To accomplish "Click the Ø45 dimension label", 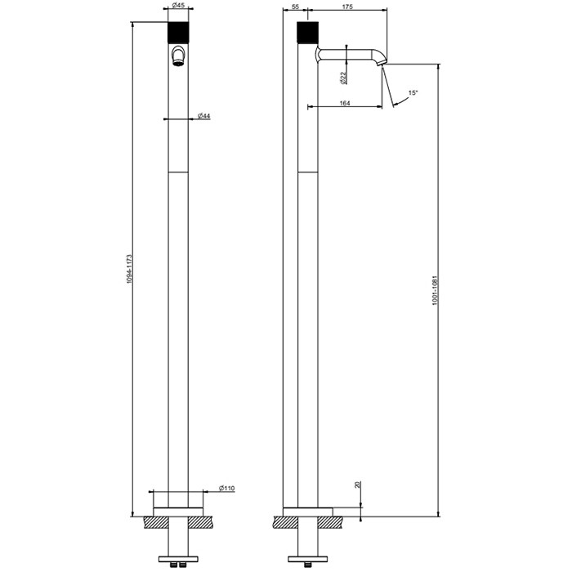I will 178,7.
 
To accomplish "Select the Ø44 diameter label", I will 204,117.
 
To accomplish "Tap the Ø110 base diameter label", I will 226,489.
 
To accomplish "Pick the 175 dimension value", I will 348,7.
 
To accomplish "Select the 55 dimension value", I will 295,7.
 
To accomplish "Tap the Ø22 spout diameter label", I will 342,78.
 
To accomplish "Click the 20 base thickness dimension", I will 357,485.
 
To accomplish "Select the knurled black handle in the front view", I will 178,34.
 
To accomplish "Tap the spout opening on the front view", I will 178,57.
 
